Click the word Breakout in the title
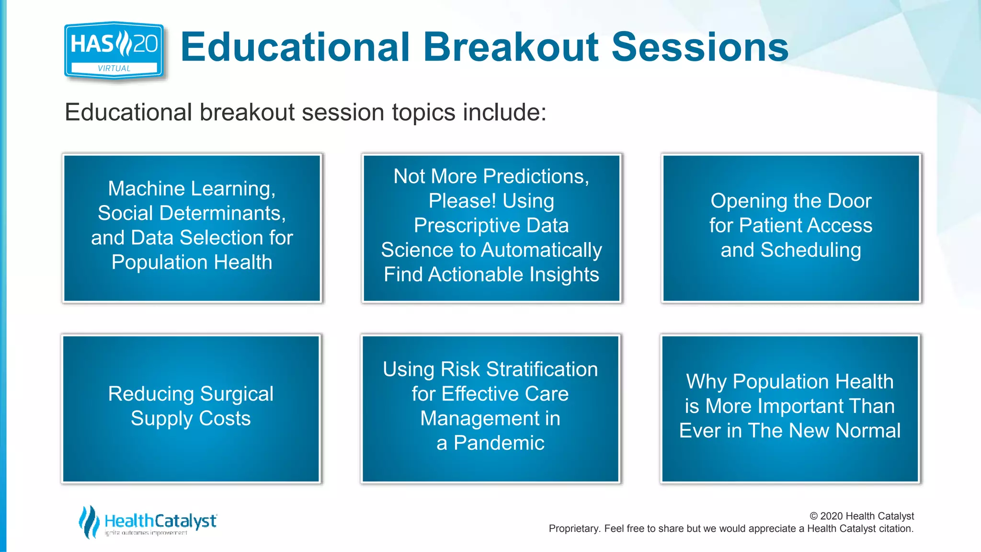pyautogui.click(x=511, y=47)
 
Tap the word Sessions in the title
pyautogui.click(x=700, y=47)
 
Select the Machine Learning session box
pyautogui.click(x=192, y=228)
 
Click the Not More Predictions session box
pyautogui.click(x=491, y=228)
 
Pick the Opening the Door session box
pyautogui.click(x=791, y=228)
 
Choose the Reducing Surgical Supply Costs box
pyautogui.click(x=191, y=408)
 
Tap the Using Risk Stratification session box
pyautogui.click(x=490, y=408)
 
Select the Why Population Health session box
pyautogui.click(x=790, y=408)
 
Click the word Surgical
pyautogui.click(x=237, y=394)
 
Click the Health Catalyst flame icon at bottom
pyautogui.click(x=89, y=522)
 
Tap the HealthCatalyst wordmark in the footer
pyautogui.click(x=160, y=521)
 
